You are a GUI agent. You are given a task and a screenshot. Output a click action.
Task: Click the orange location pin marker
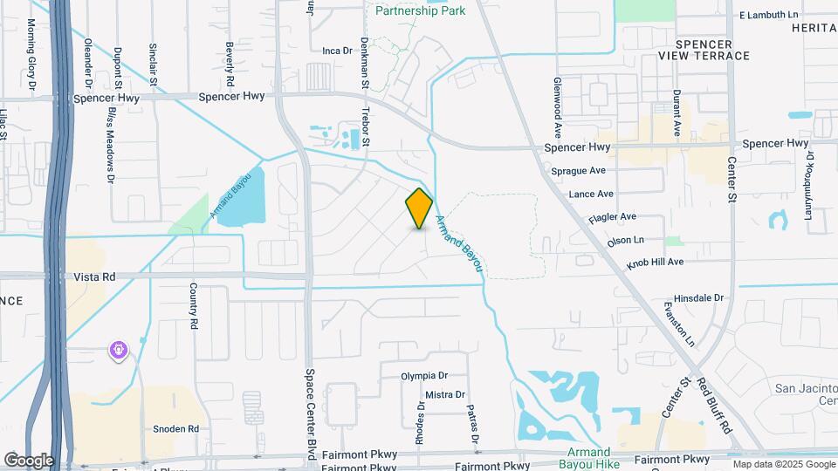419,208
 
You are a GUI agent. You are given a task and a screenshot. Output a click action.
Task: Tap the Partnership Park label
420,10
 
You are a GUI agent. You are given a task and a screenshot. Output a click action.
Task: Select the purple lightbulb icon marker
118,351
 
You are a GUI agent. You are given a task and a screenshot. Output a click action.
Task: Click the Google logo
29,460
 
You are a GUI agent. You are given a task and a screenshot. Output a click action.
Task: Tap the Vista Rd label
96,276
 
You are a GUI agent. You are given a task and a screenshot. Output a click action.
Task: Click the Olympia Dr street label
423,376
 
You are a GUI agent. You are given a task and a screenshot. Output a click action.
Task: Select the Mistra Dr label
444,395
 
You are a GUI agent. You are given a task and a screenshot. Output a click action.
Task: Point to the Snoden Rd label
176,429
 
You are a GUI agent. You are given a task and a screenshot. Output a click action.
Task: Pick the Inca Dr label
336,51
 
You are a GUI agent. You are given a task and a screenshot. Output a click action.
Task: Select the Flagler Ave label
612,216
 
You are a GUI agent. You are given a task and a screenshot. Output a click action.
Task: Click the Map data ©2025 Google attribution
782,464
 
